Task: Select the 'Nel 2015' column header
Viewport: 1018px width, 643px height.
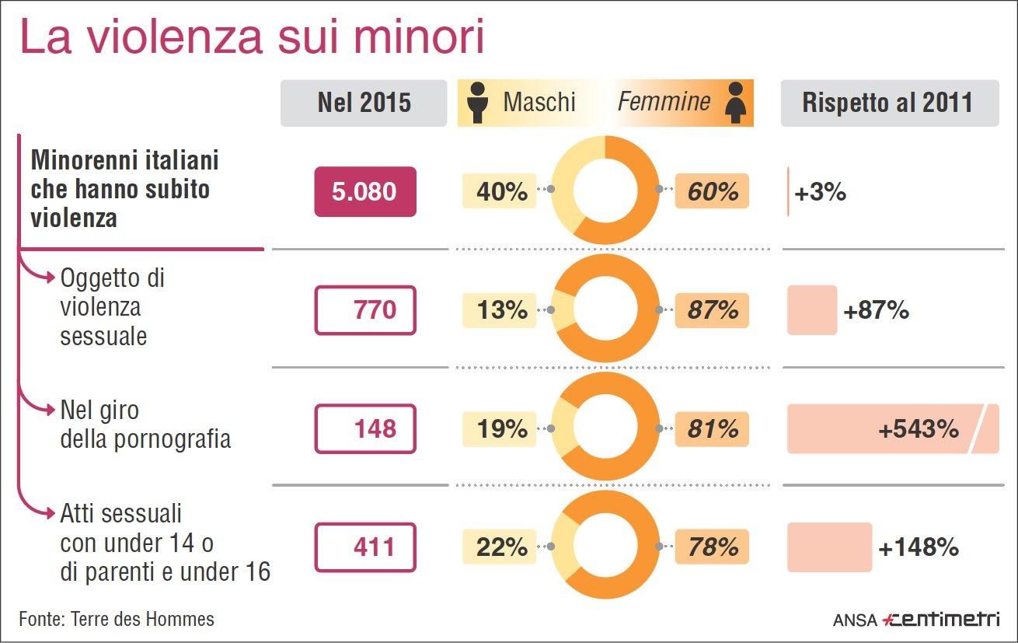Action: click(364, 103)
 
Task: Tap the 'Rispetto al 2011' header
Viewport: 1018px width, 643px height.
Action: click(888, 103)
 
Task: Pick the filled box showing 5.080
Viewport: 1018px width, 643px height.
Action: click(364, 191)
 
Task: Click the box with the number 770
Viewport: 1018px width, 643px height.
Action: click(364, 310)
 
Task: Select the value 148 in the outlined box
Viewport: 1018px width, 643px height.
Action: click(364, 428)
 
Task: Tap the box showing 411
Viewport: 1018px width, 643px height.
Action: click(364, 547)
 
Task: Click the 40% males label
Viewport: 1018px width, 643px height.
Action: click(501, 191)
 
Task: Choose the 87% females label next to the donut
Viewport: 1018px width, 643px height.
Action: click(712, 310)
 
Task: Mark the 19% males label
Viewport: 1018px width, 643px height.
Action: click(501, 428)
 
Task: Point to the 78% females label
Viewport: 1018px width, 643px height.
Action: click(712, 547)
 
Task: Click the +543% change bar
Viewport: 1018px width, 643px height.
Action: click(892, 428)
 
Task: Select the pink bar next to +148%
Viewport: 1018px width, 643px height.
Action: click(829, 547)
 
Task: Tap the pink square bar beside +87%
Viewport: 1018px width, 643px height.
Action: click(811, 310)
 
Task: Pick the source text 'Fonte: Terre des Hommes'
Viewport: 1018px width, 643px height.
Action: click(117, 619)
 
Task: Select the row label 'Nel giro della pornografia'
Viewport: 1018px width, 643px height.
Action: click(145, 425)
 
